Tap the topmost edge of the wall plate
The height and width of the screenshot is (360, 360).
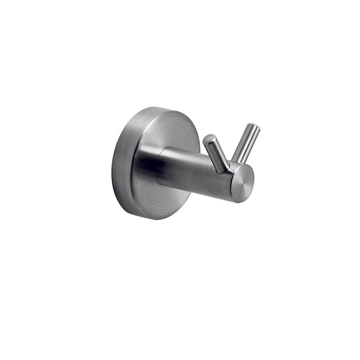point(155,108)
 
